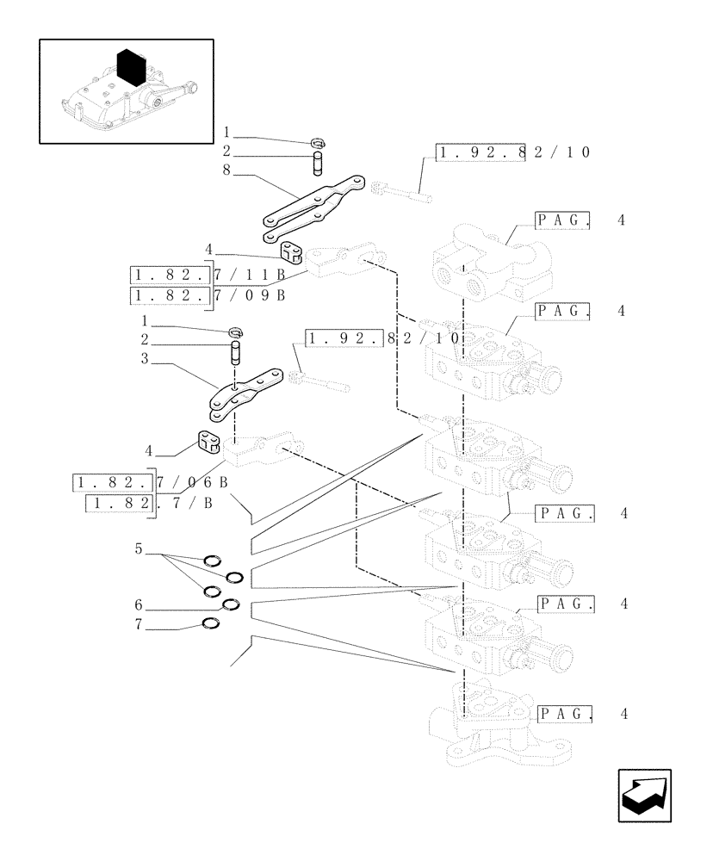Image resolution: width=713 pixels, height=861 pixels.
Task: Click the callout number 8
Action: (226, 170)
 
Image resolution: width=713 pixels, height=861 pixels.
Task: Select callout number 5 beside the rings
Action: (138, 548)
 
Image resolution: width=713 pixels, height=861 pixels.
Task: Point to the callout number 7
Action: (138, 626)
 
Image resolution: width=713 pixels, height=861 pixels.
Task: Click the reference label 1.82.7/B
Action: (151, 504)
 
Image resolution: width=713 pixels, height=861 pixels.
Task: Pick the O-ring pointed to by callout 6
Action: (231, 604)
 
